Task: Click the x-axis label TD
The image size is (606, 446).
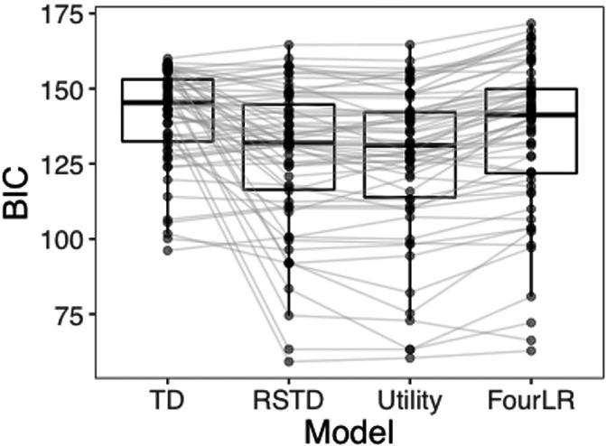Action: pos(167,398)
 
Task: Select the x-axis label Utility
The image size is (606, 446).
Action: pos(410,398)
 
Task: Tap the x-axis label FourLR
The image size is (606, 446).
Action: pos(532,398)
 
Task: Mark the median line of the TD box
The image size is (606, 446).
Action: pos(167,102)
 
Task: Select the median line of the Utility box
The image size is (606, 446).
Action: pos(410,145)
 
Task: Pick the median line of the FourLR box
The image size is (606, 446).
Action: pos(532,115)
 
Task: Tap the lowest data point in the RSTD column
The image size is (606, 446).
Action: pos(289,361)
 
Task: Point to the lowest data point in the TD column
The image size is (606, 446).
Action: pos(167,250)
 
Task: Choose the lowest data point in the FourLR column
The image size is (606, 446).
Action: pos(532,350)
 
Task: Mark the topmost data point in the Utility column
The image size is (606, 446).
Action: pos(410,43)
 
